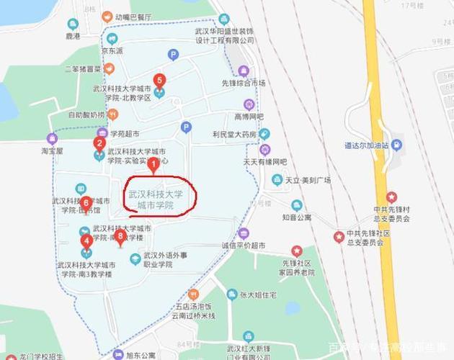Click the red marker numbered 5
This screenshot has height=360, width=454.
(159, 81)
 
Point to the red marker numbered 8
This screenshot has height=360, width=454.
(120, 235)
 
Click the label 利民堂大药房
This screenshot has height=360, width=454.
(234, 134)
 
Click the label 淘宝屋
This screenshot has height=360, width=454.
(51, 152)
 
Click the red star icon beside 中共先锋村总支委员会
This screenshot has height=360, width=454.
(391, 197)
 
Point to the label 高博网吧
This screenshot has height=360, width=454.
(249, 116)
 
